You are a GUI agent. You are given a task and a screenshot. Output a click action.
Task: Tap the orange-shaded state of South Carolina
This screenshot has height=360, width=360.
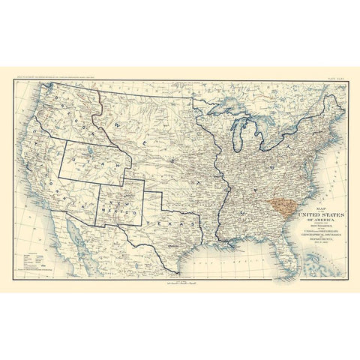tap(282, 203)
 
